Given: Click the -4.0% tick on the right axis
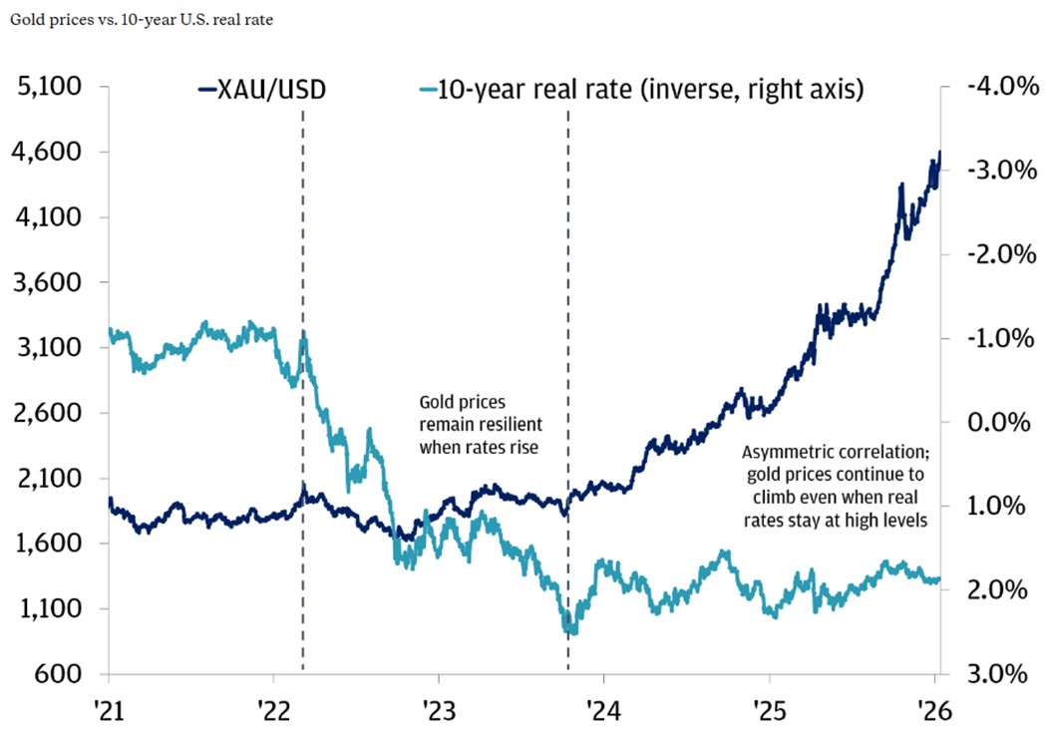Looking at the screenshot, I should (x=995, y=87).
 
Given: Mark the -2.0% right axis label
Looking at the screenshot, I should (x=995, y=254).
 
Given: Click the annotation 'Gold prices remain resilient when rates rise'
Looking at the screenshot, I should (x=479, y=425).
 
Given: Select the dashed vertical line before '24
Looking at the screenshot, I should (x=568, y=399).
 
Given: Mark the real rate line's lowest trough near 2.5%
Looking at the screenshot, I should (x=570, y=630).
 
